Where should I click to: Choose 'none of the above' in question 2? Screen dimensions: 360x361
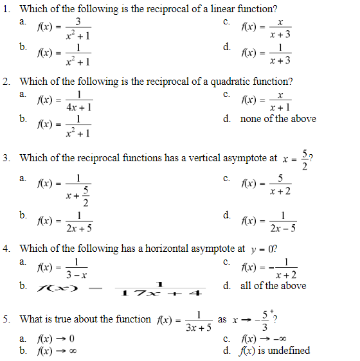coord(278,119)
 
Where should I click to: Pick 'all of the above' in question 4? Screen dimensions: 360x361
coord(273,286)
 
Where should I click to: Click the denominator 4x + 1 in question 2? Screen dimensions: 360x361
coord(78,107)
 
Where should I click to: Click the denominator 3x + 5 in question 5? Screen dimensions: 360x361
coord(199,327)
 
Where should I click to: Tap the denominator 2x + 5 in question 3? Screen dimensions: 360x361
coord(79,227)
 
